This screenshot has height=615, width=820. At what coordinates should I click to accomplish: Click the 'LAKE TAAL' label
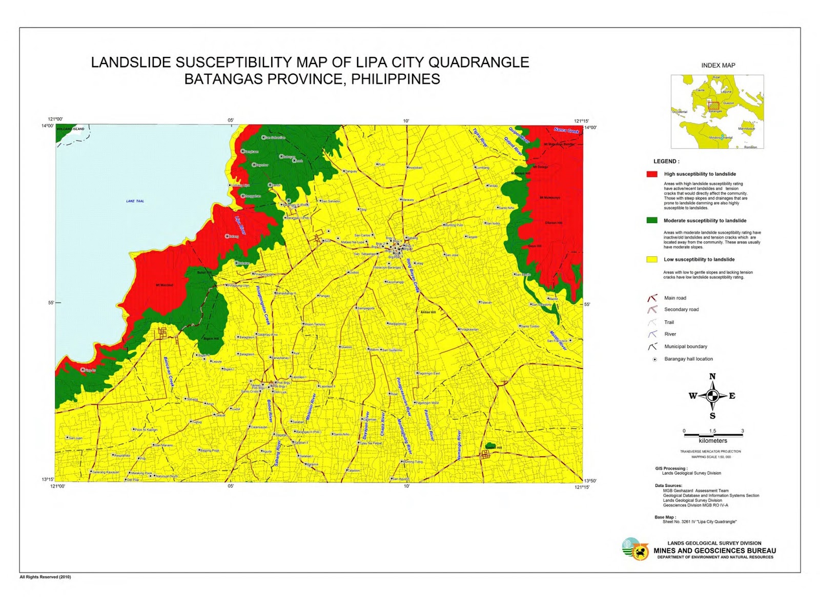pos(135,201)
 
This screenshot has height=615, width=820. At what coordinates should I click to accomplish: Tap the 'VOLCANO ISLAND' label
pos(70,129)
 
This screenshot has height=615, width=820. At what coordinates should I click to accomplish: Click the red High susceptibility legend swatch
pos(652,174)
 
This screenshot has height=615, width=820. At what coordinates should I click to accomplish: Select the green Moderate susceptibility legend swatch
pos(652,220)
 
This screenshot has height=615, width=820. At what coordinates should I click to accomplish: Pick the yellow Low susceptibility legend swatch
pos(652,259)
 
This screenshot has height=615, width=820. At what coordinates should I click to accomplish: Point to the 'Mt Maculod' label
pos(165,285)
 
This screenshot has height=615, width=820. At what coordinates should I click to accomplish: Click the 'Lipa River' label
pos(240,225)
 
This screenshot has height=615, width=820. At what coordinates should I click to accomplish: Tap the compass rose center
pos(712,396)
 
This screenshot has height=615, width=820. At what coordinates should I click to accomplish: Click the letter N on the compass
pos(712,377)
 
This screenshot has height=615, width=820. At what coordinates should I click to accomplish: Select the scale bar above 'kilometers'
pos(713,435)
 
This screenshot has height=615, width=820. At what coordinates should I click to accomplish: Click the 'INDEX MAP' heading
pos(718,66)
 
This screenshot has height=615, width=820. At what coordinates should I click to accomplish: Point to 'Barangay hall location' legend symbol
pos(654,359)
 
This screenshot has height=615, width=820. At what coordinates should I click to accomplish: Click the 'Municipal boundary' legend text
pos(685,346)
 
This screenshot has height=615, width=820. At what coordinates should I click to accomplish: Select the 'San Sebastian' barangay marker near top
pos(263,137)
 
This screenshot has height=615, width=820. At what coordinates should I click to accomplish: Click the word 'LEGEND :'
pos(666,161)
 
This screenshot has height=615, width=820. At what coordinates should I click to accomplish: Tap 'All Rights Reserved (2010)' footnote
pos(45,577)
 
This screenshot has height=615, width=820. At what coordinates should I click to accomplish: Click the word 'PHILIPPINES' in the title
pos(395,79)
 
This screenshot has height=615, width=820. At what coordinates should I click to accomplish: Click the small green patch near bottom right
pos(490,446)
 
